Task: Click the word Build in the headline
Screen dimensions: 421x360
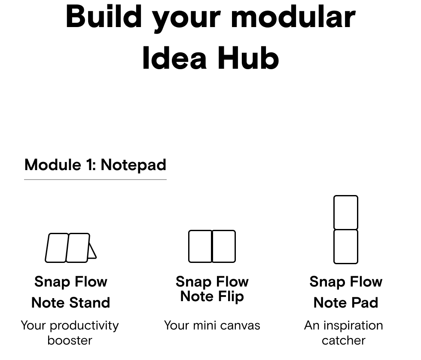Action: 104,17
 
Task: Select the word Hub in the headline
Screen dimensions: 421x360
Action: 248,58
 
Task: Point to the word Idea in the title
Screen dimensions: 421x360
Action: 174,58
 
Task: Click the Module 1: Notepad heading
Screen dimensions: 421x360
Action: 95,165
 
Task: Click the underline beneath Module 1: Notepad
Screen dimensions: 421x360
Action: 95,179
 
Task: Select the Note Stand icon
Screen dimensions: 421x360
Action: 70,248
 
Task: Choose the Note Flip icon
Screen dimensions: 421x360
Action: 212,246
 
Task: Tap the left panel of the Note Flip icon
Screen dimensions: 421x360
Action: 200,246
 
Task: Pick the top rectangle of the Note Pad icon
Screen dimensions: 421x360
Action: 346,212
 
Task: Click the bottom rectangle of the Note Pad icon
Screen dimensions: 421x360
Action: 346,247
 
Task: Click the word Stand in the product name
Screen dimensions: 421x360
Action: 90,302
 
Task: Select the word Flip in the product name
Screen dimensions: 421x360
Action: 231,297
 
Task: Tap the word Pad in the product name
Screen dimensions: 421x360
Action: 365,302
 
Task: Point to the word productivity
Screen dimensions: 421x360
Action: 84,326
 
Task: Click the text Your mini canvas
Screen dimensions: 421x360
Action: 212,325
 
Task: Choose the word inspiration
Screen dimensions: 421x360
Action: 353,326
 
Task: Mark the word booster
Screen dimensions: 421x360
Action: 70,340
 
